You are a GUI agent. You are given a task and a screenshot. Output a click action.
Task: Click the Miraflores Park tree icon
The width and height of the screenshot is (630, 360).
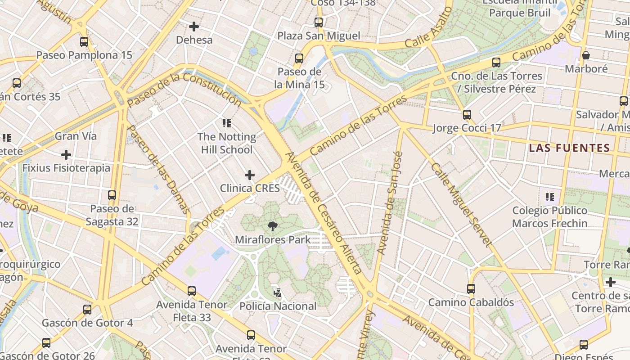tap(272, 226)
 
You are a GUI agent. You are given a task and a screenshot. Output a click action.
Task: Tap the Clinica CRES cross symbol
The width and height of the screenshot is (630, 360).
tap(250, 175)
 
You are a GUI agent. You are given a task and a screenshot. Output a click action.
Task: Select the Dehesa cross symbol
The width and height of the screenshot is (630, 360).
tap(194, 27)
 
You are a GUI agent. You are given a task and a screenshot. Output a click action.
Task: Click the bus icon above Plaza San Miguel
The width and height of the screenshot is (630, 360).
tap(319, 22)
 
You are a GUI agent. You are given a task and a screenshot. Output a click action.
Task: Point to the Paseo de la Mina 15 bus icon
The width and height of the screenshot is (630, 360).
tap(299, 58)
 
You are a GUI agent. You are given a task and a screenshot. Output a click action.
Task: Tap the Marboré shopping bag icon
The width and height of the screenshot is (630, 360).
tap(586, 55)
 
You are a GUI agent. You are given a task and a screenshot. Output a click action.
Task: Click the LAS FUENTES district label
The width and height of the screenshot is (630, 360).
tap(569, 148)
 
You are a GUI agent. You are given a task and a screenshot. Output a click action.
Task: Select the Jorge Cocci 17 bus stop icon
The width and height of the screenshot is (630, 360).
tap(467, 115)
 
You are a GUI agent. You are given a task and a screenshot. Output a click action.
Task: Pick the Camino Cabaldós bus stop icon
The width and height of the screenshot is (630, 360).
tap(471, 288)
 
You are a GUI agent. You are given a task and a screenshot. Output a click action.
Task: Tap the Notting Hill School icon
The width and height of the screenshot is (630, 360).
tap(226, 123)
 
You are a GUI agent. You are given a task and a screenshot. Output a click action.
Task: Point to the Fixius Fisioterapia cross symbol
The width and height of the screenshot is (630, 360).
tap(66, 155)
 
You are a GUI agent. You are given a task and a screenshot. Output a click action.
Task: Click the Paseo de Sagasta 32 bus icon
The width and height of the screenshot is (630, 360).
tap(112, 195)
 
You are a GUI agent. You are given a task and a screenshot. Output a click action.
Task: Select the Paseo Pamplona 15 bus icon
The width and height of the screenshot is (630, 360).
tap(84, 42)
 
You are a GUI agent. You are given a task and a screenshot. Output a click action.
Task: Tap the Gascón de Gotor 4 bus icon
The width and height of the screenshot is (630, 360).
tap(87, 310)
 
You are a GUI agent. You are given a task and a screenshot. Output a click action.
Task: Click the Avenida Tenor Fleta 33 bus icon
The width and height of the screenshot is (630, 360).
tap(192, 291)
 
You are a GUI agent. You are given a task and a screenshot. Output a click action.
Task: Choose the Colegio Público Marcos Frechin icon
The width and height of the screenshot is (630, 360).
tap(549, 197)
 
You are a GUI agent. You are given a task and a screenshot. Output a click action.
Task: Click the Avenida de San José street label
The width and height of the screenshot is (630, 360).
tap(390, 202)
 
